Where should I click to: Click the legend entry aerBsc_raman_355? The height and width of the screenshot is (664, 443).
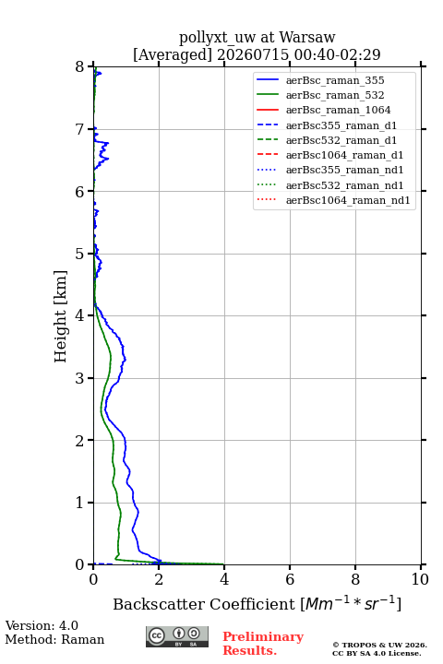(335, 80)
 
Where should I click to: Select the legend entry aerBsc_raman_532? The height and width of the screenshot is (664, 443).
(335, 95)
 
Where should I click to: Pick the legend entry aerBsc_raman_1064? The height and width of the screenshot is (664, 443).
(339, 110)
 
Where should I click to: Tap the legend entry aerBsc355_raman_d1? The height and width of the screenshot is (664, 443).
(341, 125)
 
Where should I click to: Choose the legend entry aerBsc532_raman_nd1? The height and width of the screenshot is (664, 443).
(344, 185)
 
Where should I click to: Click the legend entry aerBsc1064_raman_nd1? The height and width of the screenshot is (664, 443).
(348, 200)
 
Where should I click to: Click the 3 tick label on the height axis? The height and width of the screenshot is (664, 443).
(80, 378)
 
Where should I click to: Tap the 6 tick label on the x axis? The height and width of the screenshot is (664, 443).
(290, 579)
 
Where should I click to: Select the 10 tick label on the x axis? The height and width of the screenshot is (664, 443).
(420, 579)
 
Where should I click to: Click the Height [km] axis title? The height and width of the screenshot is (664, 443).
(60, 316)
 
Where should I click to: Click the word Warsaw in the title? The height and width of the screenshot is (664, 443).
(307, 37)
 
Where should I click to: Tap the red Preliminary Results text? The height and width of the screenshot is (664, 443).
(263, 644)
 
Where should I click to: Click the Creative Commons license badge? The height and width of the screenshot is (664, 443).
(177, 636)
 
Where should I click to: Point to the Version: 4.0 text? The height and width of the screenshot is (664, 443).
(42, 625)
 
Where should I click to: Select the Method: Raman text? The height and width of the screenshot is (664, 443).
(54, 639)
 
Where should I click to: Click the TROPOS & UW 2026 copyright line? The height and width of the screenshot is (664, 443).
(379, 645)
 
